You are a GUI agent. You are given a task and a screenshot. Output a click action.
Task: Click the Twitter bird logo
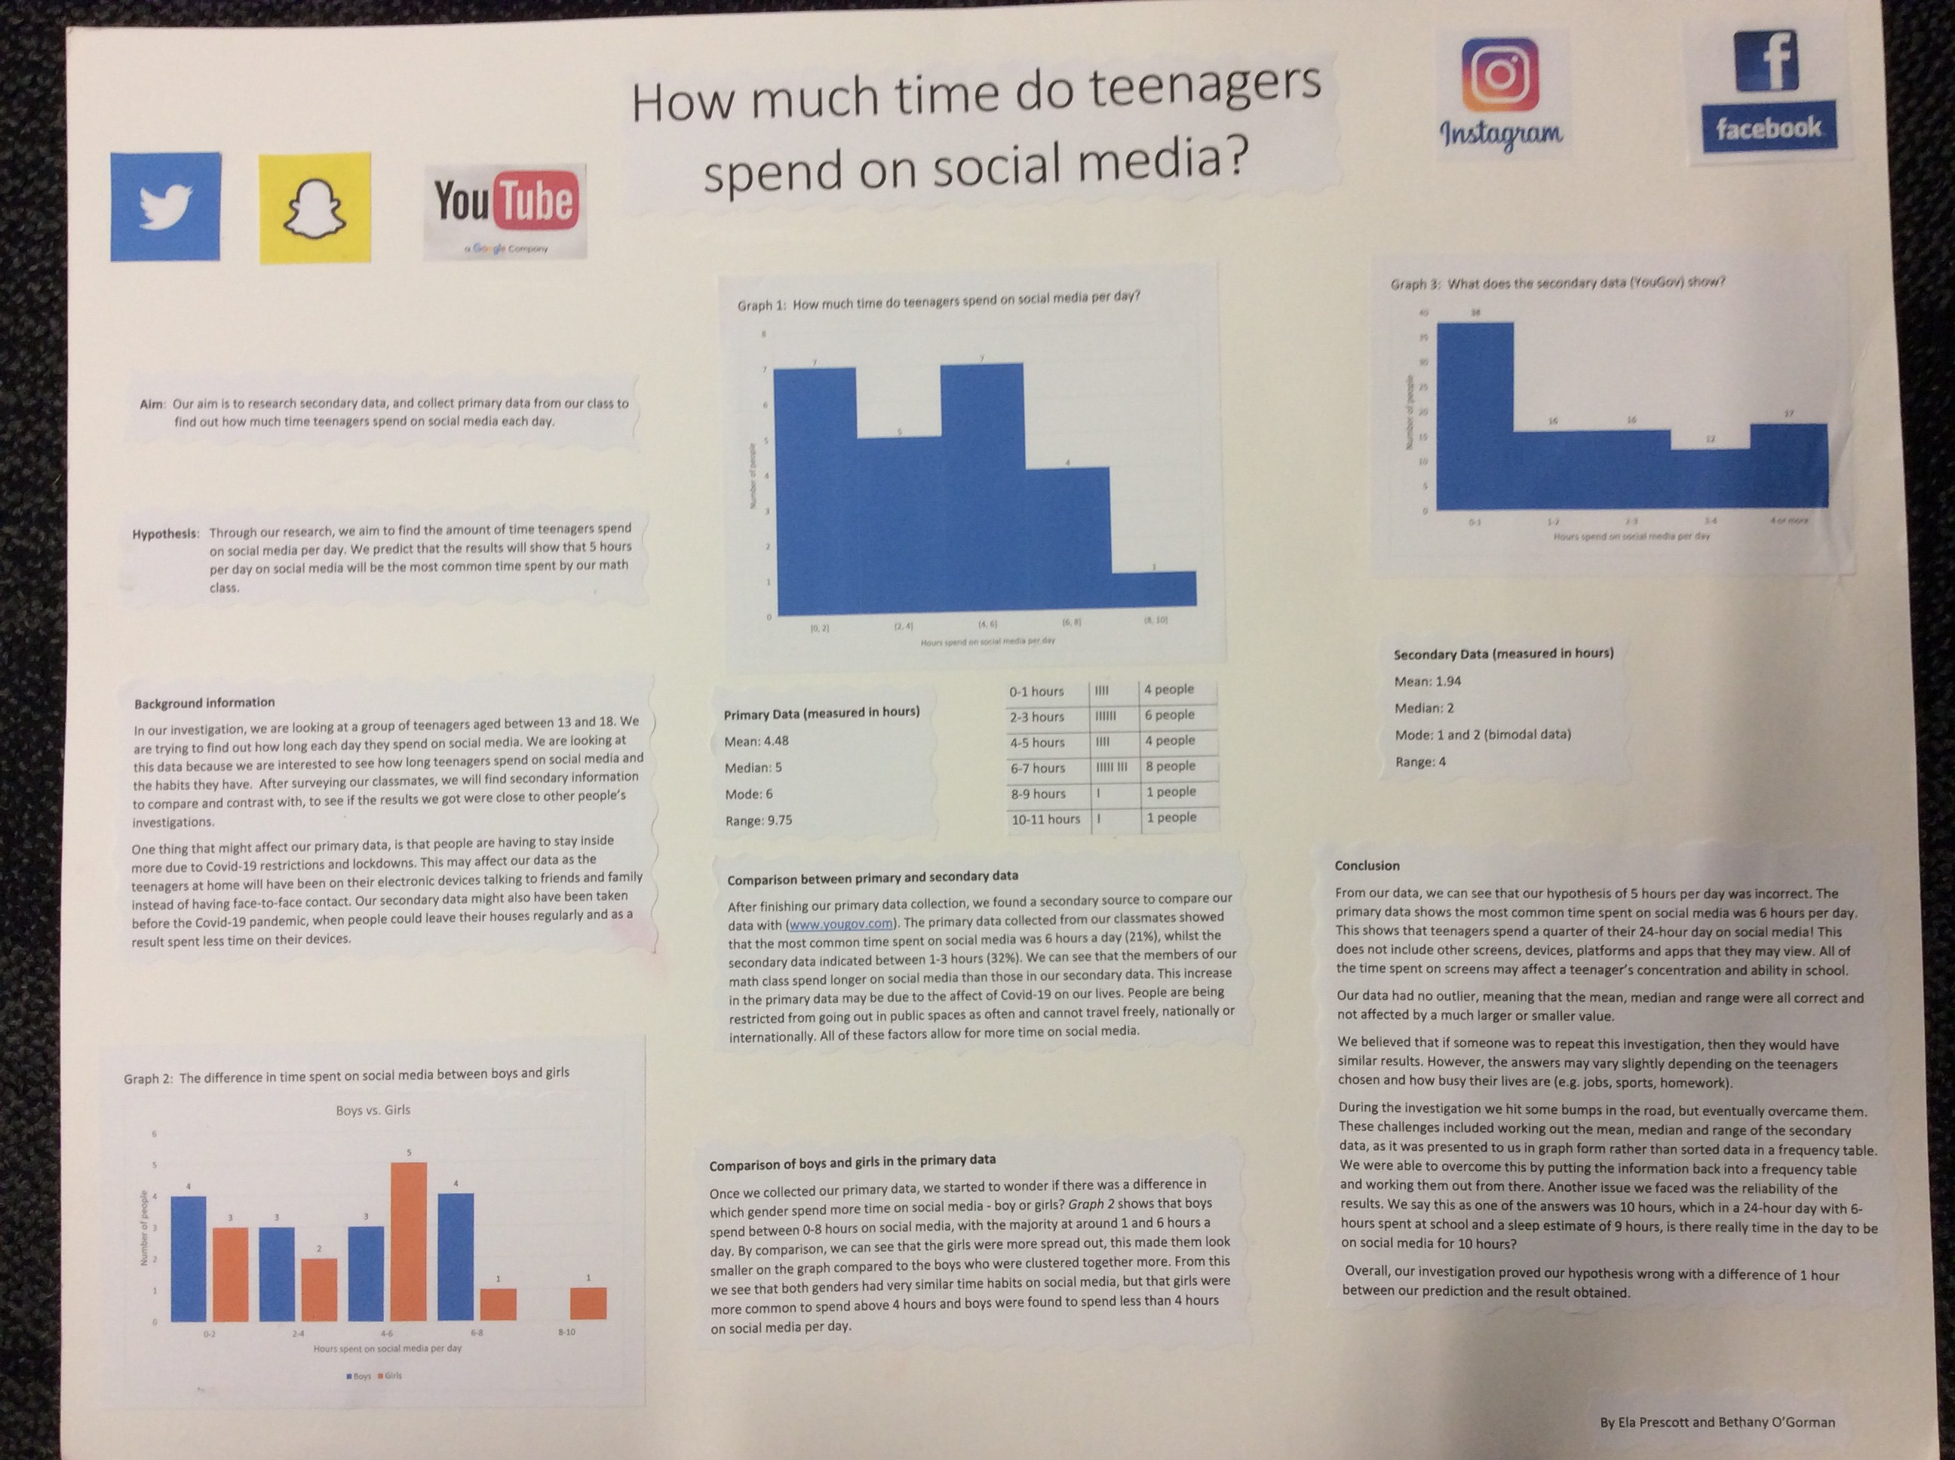tap(165, 207)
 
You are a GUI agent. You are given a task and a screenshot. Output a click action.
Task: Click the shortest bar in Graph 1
tap(1153, 588)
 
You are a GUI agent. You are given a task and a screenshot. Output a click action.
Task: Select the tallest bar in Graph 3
tap(1475, 416)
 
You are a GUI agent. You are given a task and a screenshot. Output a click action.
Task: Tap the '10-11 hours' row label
tap(1045, 819)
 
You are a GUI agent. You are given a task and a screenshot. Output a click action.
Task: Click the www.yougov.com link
tap(839, 925)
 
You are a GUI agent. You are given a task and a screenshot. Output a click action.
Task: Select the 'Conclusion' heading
tap(1367, 866)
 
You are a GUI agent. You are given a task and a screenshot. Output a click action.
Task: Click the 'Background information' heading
tap(204, 704)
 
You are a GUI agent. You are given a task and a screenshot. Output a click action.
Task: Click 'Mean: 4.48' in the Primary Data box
tap(756, 741)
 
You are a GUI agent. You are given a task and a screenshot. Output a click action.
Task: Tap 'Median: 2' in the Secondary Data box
tap(1424, 708)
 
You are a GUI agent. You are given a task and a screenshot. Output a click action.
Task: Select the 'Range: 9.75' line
tap(758, 820)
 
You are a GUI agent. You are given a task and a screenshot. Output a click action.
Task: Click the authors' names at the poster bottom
tap(1717, 1423)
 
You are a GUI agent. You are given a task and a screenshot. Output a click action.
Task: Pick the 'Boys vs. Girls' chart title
tap(373, 1110)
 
